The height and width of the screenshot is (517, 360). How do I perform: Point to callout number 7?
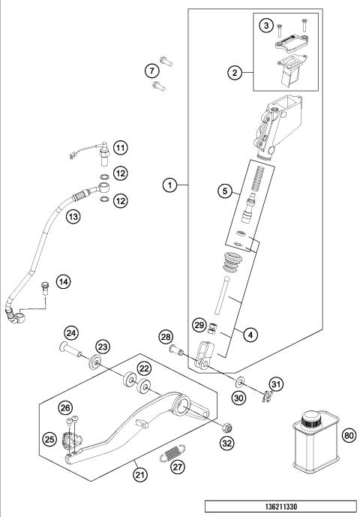(x=152, y=71)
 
